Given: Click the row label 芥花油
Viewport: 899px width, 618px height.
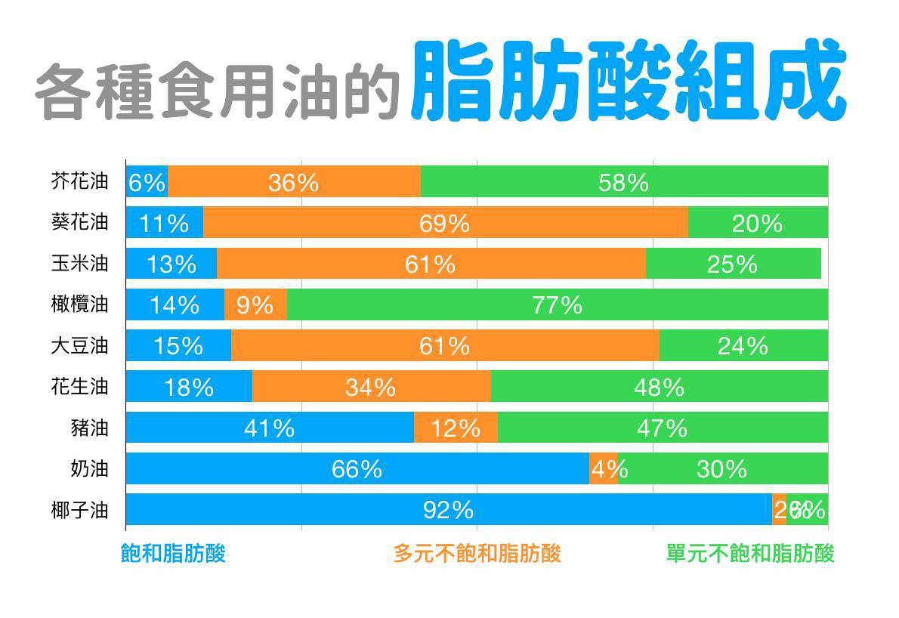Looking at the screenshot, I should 79,181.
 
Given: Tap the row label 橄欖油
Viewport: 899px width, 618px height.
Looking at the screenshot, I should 79,304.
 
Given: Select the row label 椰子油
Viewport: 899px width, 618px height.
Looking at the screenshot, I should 79,510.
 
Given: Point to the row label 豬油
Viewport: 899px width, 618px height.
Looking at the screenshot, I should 89,428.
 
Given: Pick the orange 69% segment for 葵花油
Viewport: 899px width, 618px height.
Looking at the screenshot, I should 445,223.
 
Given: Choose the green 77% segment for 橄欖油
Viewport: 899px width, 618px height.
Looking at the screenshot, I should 557,305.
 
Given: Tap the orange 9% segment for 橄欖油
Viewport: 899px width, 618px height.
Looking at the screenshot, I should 255,305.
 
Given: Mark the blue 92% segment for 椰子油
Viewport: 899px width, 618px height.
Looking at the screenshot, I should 448,510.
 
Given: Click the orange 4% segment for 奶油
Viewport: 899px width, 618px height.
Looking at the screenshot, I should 604,469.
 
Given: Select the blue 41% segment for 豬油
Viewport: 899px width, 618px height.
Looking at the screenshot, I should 269,428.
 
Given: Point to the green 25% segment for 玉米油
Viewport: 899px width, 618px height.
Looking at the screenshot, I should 732,264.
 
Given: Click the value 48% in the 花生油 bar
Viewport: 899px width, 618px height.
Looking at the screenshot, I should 659,388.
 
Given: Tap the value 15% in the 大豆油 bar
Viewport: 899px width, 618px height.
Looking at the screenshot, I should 178,346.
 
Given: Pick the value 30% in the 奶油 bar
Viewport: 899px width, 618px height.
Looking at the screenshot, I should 721,469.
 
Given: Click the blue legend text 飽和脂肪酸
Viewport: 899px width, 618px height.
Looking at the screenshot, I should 173,554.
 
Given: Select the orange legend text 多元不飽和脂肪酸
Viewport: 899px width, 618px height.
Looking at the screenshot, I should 477,554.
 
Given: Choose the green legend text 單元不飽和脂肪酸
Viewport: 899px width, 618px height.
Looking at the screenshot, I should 749,554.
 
